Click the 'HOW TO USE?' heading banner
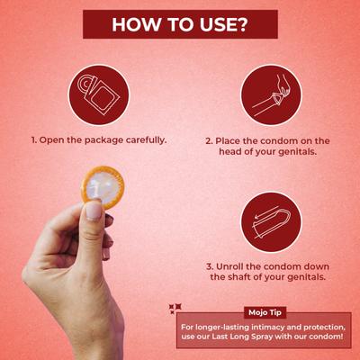(x=180, y=25)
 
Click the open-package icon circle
(x=98, y=94)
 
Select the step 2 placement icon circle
(x=270, y=94)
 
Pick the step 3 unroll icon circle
(x=270, y=221)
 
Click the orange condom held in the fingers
(x=103, y=186)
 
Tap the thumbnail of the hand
(x=93, y=211)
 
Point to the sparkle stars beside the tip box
(x=175, y=309)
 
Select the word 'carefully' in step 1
(x=148, y=140)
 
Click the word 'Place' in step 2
(x=229, y=140)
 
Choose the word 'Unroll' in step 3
(x=230, y=266)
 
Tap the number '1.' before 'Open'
(x=35, y=140)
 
